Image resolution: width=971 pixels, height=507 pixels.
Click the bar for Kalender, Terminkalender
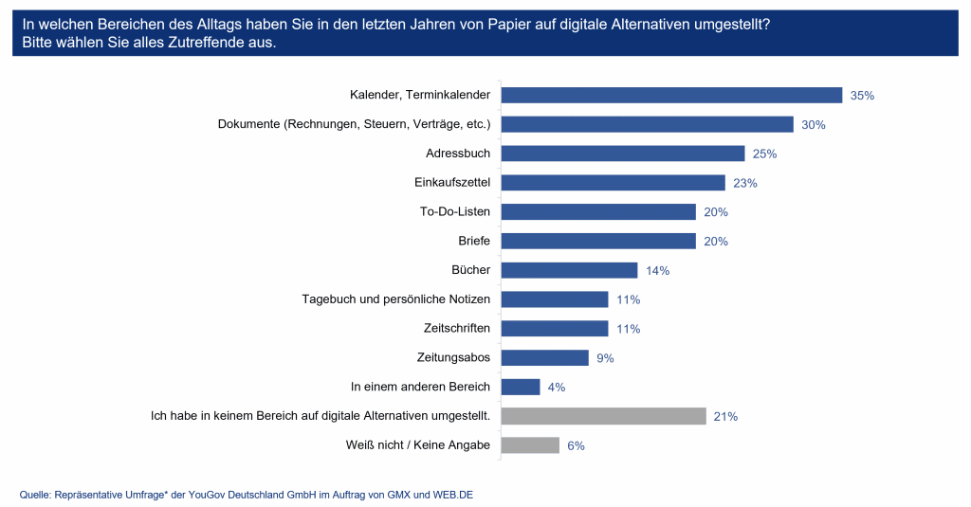point(671,95)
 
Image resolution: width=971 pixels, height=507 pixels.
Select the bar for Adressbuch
point(622,154)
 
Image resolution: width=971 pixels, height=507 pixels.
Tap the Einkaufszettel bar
point(613,183)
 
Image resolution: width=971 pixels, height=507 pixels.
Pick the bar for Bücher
point(569,270)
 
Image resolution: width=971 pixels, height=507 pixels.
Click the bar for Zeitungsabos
point(544,357)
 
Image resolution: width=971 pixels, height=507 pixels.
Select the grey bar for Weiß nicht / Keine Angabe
point(530,445)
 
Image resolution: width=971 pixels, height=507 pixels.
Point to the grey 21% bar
point(603,416)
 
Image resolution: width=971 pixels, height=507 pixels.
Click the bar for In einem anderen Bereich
point(521,387)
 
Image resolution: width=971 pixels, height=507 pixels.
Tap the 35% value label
point(862,96)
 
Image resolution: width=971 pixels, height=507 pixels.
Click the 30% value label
point(813,125)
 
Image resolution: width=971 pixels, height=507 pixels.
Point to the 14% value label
point(657,271)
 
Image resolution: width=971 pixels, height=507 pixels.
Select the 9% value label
point(605,358)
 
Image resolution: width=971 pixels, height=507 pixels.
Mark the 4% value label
point(556,388)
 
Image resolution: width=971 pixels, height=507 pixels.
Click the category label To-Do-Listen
point(455,212)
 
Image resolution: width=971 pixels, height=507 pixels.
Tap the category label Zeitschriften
point(457,329)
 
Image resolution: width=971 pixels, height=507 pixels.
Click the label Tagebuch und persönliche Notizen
point(396,299)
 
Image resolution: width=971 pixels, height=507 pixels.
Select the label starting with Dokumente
point(354,124)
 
